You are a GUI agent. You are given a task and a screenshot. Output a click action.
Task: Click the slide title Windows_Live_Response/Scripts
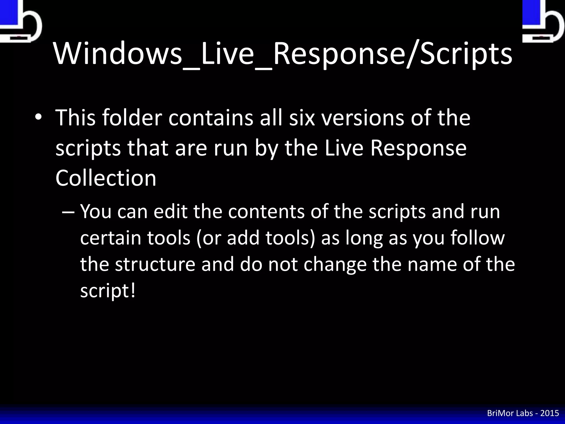[x=283, y=54]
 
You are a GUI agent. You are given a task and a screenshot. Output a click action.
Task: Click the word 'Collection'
[x=106, y=178]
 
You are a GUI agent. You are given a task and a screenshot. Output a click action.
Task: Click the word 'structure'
[x=155, y=264]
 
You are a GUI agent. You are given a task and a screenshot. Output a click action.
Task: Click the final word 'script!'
[x=108, y=291]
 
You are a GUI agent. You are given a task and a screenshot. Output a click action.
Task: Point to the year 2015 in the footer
[x=550, y=413]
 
